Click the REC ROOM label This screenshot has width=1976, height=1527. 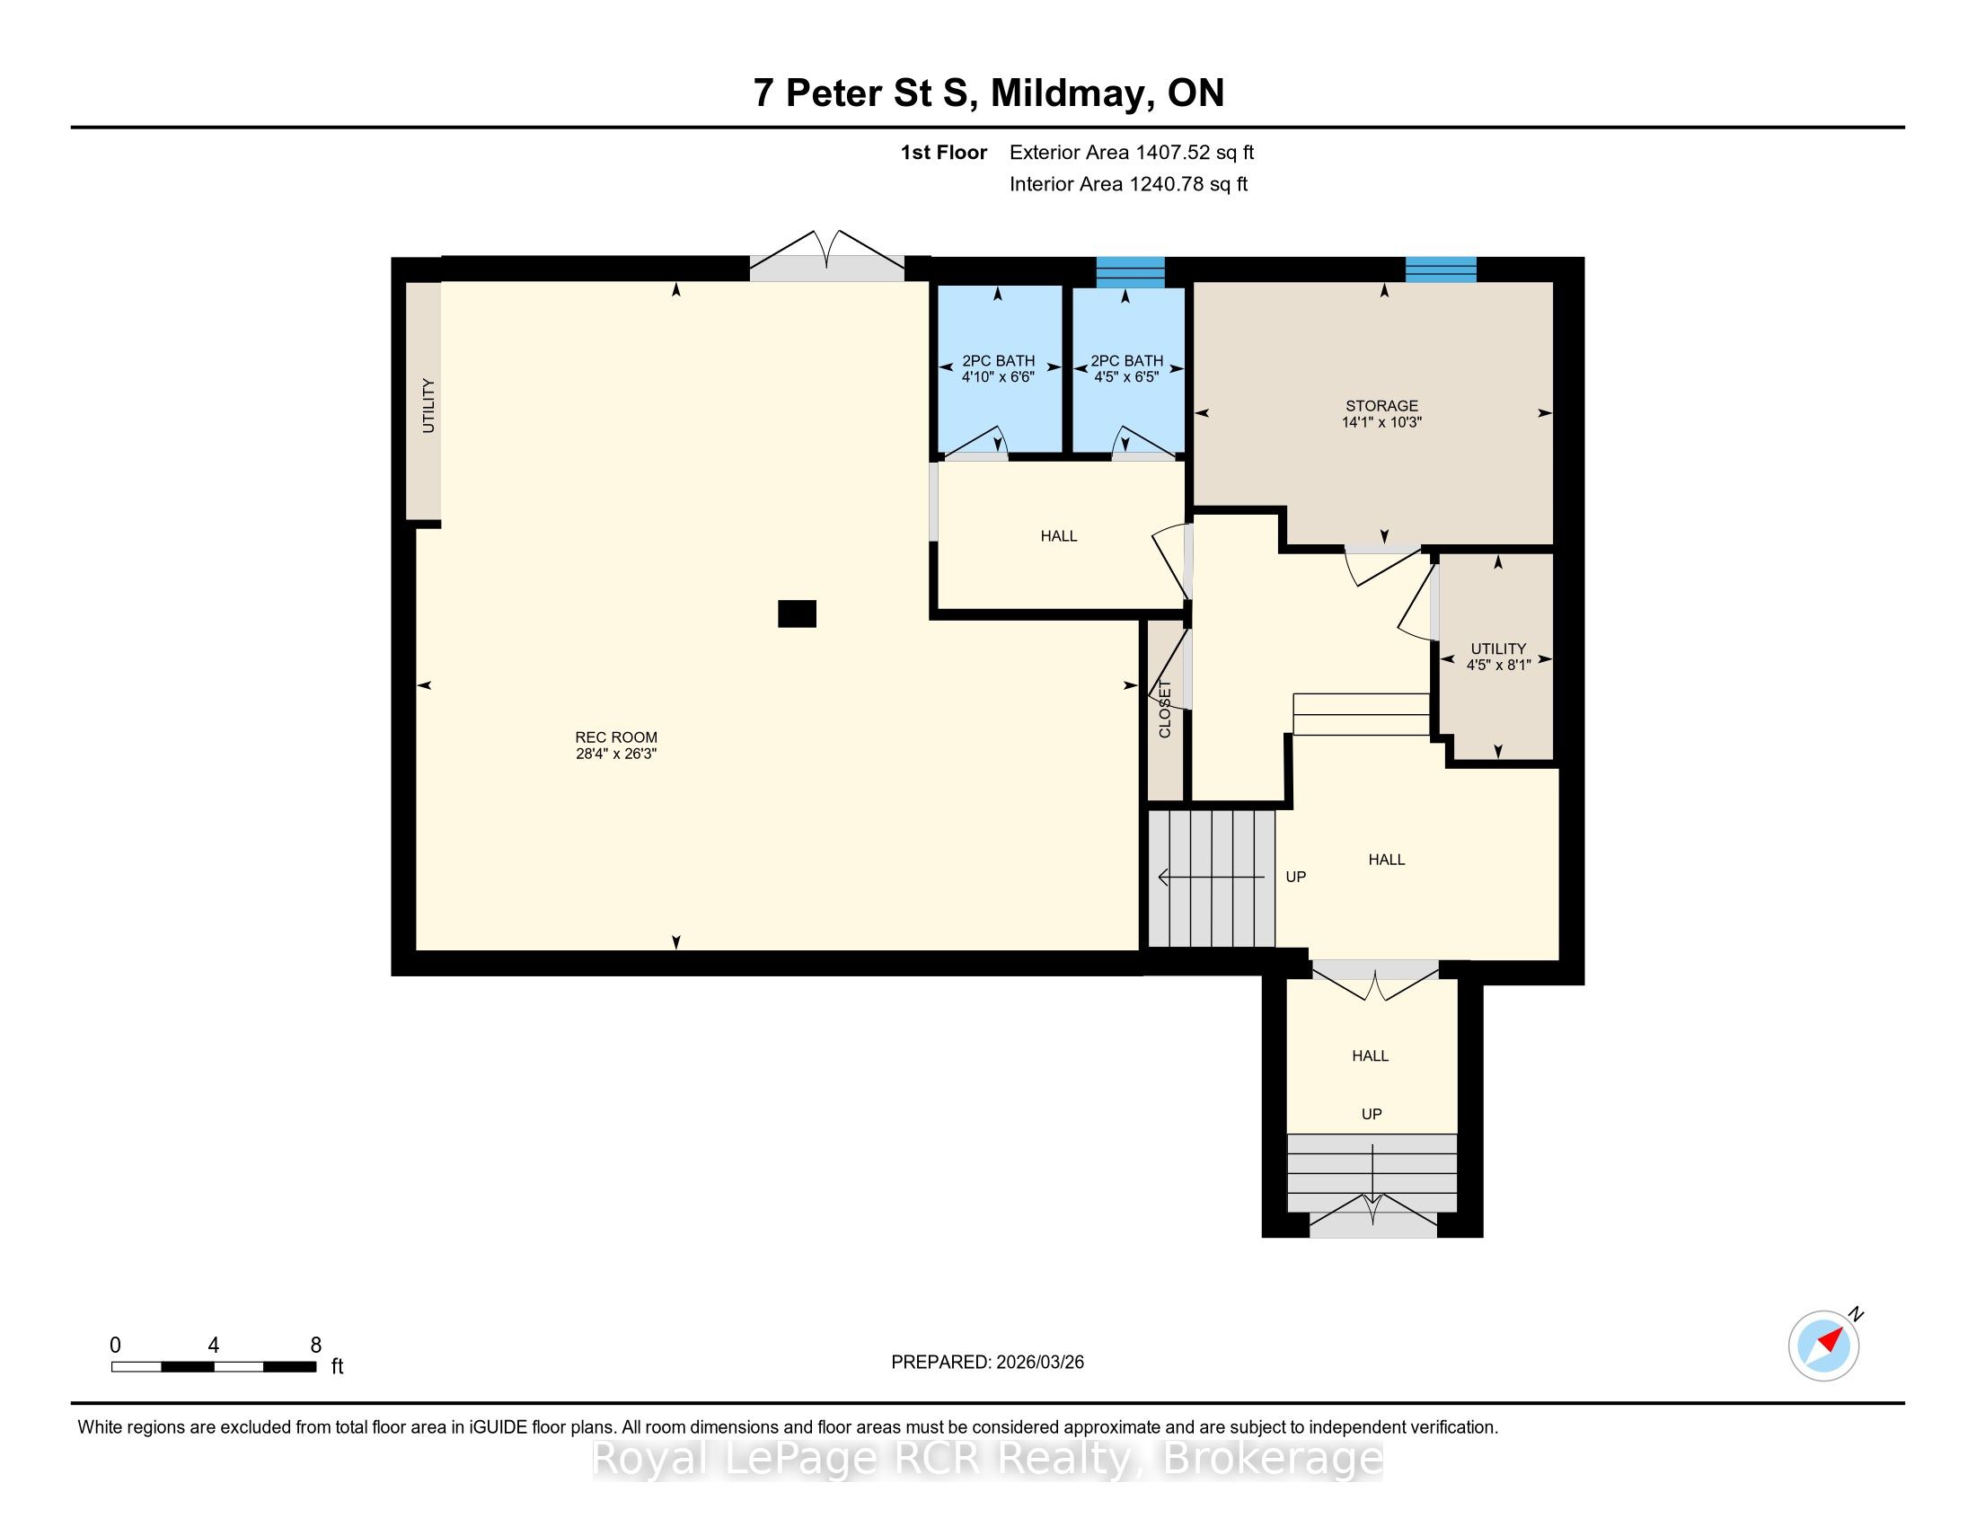point(616,737)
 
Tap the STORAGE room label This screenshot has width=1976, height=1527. point(1381,406)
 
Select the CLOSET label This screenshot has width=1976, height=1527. point(1164,710)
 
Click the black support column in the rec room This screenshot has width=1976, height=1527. point(797,614)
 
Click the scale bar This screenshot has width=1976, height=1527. point(214,1367)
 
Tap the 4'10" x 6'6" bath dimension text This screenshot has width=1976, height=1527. point(998,376)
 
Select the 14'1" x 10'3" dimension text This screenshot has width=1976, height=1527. point(1381,422)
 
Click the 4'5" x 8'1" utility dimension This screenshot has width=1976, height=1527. point(1498,665)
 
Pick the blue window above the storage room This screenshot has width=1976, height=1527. point(1441,269)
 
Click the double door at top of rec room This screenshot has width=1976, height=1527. point(827,256)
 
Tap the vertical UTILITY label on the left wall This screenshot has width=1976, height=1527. point(428,405)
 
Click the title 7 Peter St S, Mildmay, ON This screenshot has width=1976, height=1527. point(989,93)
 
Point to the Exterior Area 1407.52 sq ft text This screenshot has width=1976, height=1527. point(1132,153)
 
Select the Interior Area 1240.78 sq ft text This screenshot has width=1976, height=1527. point(1128,184)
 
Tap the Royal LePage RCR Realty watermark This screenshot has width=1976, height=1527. point(987,1459)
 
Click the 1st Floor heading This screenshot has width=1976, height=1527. point(944,153)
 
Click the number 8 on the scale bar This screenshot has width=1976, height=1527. point(316,1346)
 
